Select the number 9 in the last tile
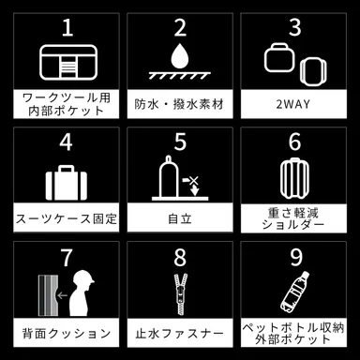[294, 256]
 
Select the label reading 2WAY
[294, 100]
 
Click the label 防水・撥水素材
[180, 100]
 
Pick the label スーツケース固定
[67, 218]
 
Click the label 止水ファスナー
[180, 333]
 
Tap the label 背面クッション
[67, 333]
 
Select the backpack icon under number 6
[294, 180]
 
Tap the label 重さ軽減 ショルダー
[294, 218]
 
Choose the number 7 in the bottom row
[67, 256]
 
